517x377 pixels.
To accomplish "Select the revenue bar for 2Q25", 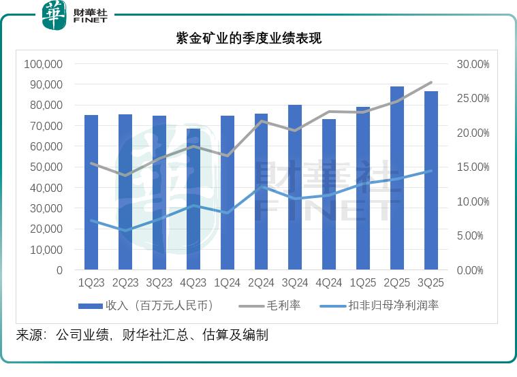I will [397, 178].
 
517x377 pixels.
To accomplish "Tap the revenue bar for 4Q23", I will [193, 199].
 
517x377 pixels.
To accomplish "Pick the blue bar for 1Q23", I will [91, 193].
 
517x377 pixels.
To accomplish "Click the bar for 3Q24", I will [295, 187].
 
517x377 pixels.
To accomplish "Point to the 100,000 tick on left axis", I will [44, 64].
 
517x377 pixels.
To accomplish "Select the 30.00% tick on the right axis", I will [472, 64].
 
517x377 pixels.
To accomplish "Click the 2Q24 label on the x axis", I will [261, 282].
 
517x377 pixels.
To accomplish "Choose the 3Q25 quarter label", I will [431, 282].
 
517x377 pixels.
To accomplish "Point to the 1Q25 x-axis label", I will [363, 282].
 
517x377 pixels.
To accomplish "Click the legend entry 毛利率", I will [281, 306].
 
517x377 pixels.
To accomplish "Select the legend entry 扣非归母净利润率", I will [396, 306].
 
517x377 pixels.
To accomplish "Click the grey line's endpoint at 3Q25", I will [431, 82].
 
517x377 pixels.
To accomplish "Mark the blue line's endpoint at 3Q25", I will [431, 171].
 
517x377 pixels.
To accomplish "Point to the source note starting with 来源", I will [142, 335].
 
